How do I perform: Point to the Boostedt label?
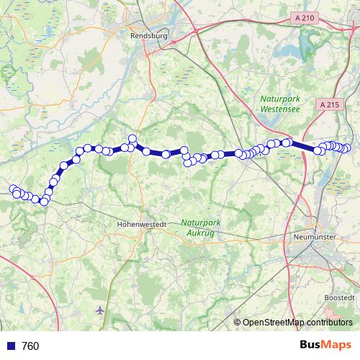tap(339, 297)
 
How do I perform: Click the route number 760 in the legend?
tap(30, 346)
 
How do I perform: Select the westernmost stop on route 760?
tap(12, 189)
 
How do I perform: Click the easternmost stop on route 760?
tap(347, 148)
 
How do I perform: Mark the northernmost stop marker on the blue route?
tap(132, 138)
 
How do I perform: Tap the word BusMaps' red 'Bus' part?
tap(312, 345)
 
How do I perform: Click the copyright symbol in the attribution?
tap(238, 322)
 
